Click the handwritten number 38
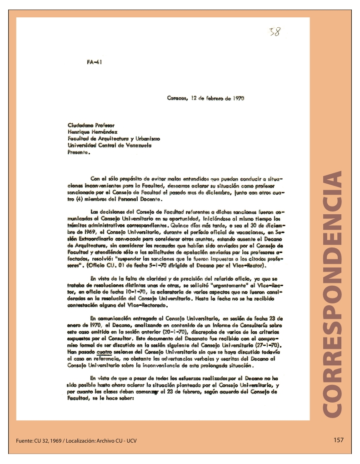coord(275,32)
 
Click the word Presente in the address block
coord(78,153)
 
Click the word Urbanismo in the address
coord(145,138)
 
